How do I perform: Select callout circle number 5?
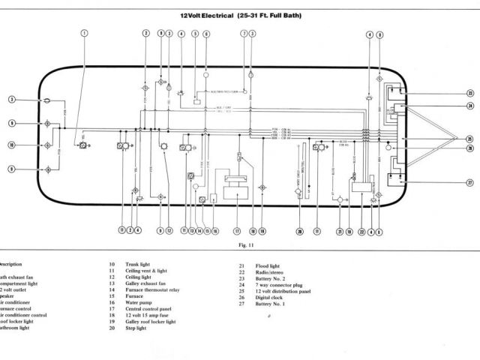click(195, 34)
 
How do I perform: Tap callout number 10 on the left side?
click(12, 145)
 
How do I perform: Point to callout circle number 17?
click(237, 231)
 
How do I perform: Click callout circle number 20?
click(299, 231)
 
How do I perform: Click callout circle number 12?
click(169, 231)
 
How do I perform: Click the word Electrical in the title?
click(217, 14)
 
